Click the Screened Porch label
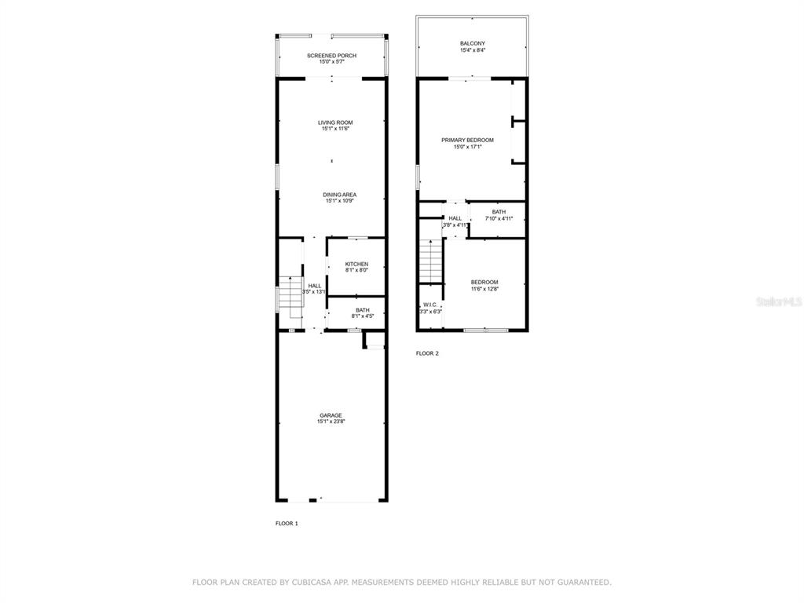(x=332, y=56)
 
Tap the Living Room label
(x=335, y=122)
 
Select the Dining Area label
(x=339, y=195)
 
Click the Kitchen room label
(x=356, y=264)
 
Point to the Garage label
(x=331, y=415)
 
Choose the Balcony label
(x=472, y=44)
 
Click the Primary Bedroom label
(x=468, y=140)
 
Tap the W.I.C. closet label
(x=430, y=305)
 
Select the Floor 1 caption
(x=287, y=524)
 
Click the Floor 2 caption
(x=427, y=353)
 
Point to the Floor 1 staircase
(x=291, y=296)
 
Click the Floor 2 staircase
(x=431, y=261)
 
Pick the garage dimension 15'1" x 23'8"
(x=331, y=422)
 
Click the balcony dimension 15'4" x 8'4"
(x=472, y=50)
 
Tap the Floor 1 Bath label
(x=363, y=310)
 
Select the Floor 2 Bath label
(x=499, y=212)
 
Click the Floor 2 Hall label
(x=455, y=218)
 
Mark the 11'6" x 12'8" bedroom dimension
(x=484, y=289)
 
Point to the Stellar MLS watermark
(x=780, y=301)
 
